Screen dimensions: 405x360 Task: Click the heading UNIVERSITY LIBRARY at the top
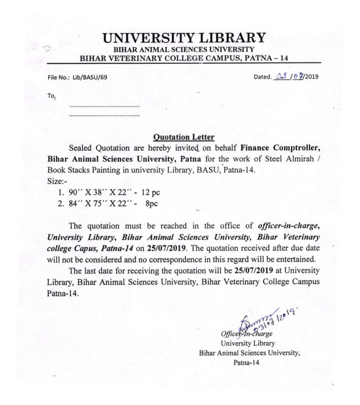pyautogui.click(x=184, y=37)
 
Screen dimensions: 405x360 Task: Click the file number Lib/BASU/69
pyautogui.click(x=90, y=76)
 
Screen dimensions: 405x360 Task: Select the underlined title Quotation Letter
pyautogui.click(x=184, y=137)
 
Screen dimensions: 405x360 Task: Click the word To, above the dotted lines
pyautogui.click(x=52, y=96)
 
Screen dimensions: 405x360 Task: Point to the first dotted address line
pyautogui.click(x=104, y=107)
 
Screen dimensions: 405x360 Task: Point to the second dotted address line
pyautogui.click(x=104, y=115)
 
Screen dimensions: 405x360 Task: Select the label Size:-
pyautogui.click(x=58, y=181)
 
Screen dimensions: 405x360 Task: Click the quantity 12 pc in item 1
pyautogui.click(x=151, y=192)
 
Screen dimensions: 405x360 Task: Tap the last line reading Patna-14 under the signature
pyautogui.click(x=245, y=362)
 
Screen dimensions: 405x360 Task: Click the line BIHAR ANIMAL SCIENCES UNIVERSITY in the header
pyautogui.click(x=184, y=49)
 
